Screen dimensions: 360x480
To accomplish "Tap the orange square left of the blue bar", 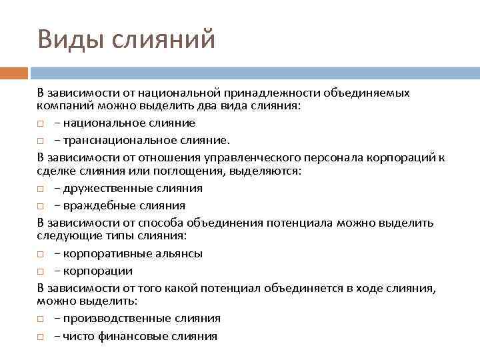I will coord(13,73).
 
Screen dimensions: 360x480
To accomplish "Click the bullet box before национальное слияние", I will coord(41,123).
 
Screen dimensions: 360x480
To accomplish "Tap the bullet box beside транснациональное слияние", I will coord(41,141).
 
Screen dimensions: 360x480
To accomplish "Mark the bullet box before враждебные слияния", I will coord(41,206).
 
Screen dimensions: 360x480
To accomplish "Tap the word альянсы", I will coord(179,253).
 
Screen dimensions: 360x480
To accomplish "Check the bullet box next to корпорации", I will coord(41,271).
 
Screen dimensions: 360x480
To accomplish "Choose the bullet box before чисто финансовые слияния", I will coord(41,337).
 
